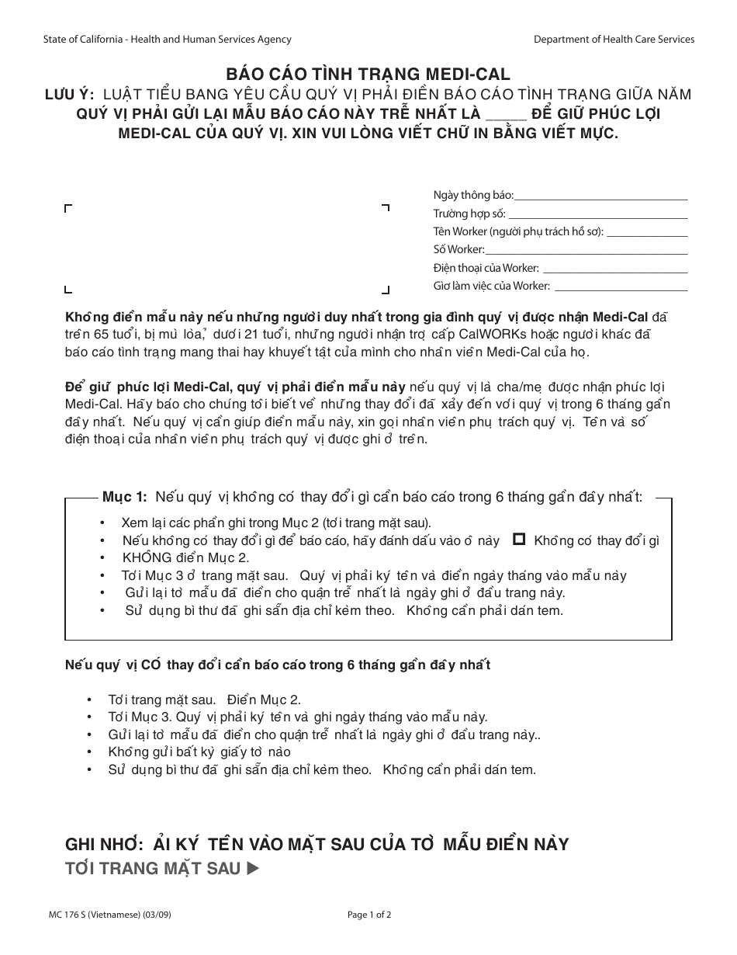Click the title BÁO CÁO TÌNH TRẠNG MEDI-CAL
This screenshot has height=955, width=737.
[x=368, y=75]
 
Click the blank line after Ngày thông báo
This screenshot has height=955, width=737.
[x=600, y=196]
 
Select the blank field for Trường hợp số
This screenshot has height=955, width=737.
[x=597, y=214]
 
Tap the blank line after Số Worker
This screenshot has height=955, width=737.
[x=586, y=250]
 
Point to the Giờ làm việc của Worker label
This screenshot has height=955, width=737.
[x=491, y=286]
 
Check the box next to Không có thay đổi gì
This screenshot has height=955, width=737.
[x=520, y=539]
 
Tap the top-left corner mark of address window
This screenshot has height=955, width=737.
[x=68, y=208]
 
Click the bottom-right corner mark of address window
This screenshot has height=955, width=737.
[x=386, y=290]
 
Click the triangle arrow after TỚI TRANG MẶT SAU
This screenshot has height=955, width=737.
[x=251, y=869]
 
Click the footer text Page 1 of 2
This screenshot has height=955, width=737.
[x=369, y=915]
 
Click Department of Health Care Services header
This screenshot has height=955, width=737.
[x=614, y=40]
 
